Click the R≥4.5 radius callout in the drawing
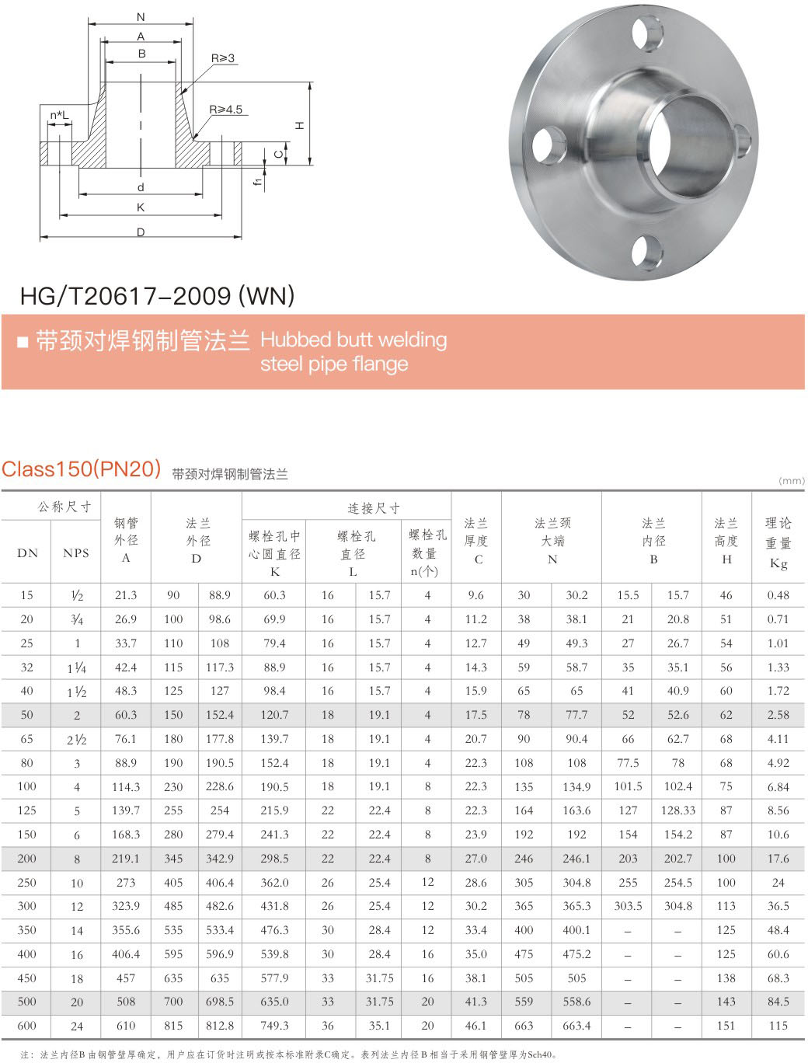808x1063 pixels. click(225, 110)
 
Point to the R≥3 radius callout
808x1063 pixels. click(222, 58)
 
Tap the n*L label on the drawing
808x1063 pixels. click(59, 116)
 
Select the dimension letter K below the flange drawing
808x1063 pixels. click(141, 207)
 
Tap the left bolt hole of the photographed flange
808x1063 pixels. click(550, 145)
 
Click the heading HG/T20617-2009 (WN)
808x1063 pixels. click(157, 296)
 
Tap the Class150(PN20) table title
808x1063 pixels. click(81, 469)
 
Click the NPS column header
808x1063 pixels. click(76, 553)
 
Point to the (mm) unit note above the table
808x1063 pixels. click(791, 481)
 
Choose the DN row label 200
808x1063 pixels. click(26, 859)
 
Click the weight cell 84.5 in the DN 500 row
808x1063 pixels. click(778, 1002)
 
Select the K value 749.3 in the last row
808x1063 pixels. click(274, 1026)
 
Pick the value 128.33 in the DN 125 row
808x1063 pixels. click(677, 810)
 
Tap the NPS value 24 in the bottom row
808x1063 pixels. click(77, 1026)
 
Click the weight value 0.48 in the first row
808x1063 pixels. click(778, 595)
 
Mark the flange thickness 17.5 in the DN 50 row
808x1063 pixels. click(475, 715)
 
